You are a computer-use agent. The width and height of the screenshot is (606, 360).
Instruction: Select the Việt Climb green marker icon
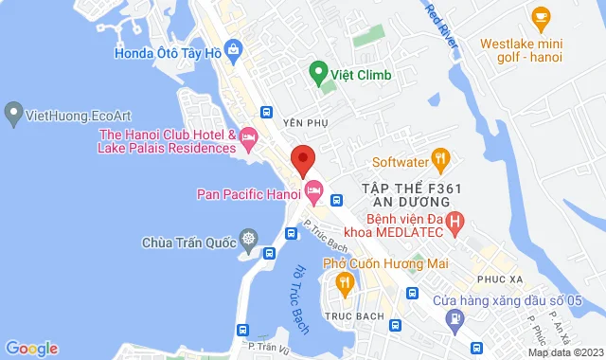(319, 71)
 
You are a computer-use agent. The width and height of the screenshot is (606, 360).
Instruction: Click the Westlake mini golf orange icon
(541, 16)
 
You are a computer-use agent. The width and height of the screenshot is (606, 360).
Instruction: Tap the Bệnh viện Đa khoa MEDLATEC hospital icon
(455, 225)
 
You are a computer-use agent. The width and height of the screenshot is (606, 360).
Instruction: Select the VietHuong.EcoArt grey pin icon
(13, 114)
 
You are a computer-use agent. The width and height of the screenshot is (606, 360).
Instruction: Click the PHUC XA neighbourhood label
(501, 279)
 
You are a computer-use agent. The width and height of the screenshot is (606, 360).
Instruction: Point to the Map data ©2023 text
(564, 352)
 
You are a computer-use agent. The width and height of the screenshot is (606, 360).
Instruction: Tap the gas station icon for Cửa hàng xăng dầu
(456, 319)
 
